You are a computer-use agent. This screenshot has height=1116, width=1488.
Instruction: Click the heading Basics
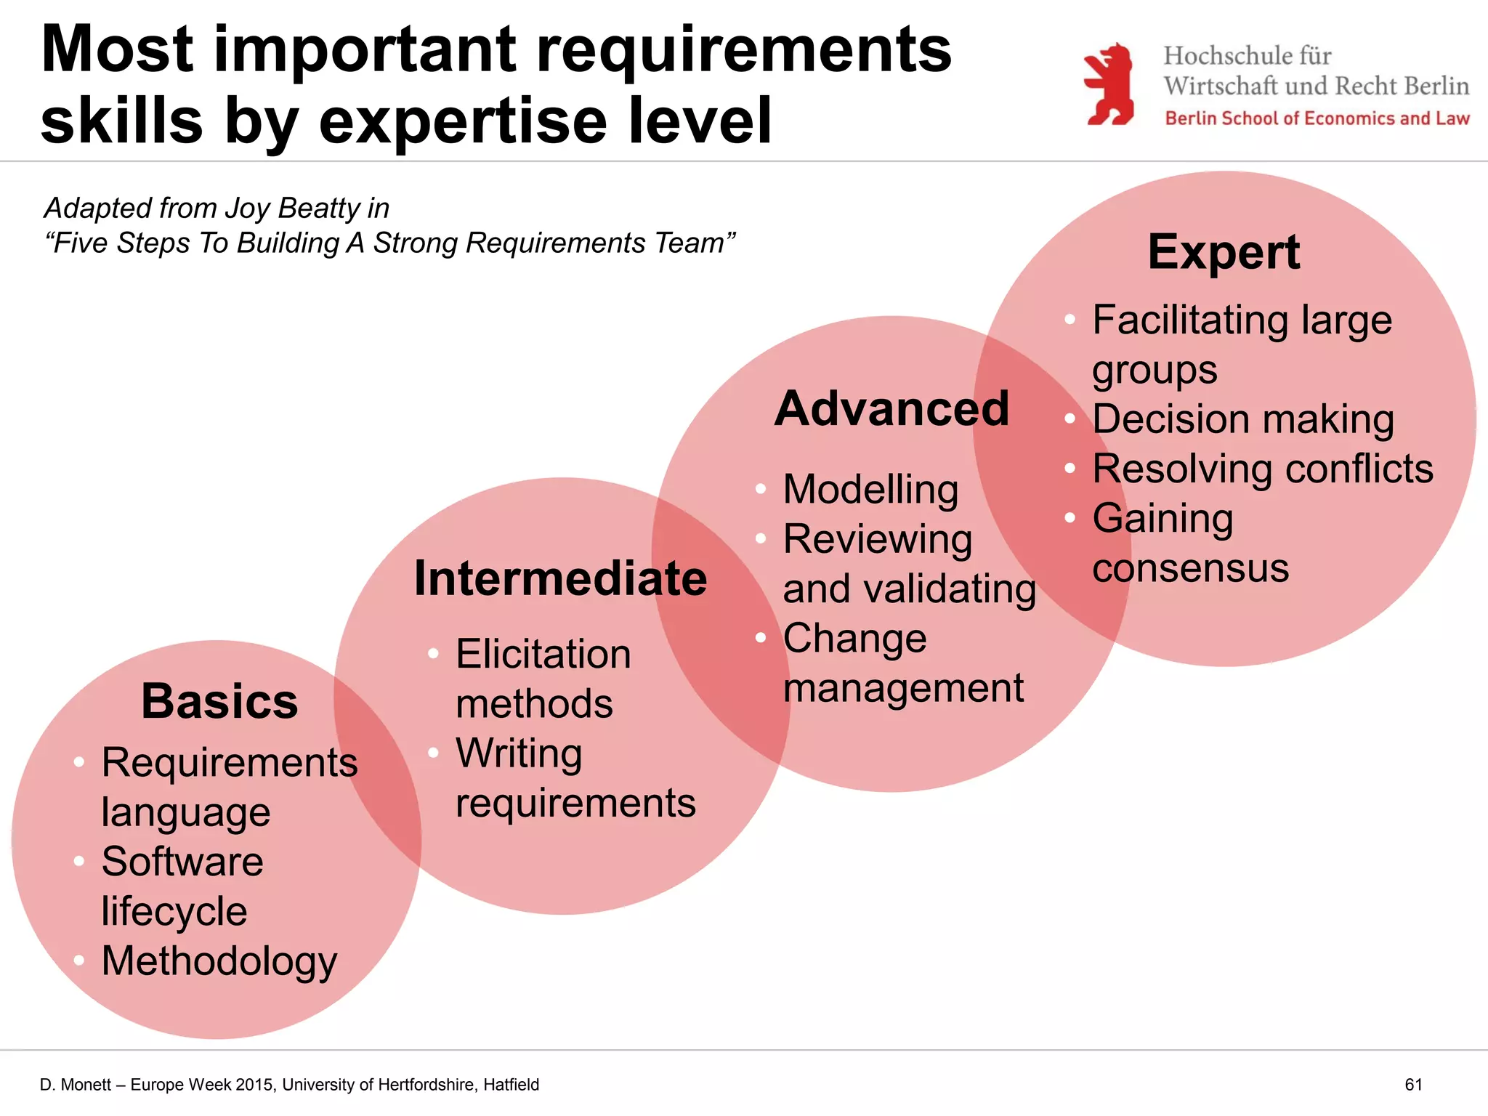pyautogui.click(x=219, y=701)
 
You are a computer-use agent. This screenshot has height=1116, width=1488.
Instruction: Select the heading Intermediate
pyautogui.click(x=560, y=578)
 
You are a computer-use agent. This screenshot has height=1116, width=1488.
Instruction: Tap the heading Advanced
pyautogui.click(x=891, y=408)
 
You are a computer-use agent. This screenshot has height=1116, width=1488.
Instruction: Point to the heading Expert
pyautogui.click(x=1224, y=252)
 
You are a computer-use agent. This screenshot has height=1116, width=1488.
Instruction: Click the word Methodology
pyautogui.click(x=219, y=961)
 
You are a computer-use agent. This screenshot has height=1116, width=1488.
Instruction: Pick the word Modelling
pyautogui.click(x=870, y=489)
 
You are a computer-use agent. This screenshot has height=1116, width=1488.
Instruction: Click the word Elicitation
pyautogui.click(x=543, y=654)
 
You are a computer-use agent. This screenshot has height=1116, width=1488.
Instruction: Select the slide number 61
pyautogui.click(x=1413, y=1085)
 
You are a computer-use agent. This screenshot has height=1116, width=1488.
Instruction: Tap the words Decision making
pyautogui.click(x=1243, y=419)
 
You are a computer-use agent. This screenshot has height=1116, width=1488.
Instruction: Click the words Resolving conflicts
pyautogui.click(x=1263, y=469)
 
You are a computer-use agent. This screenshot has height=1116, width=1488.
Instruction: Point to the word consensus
pyautogui.click(x=1190, y=567)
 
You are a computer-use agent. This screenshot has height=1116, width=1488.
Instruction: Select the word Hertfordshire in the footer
pyautogui.click(x=415, y=1085)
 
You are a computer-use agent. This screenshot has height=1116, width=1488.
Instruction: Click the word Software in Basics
pyautogui.click(x=182, y=862)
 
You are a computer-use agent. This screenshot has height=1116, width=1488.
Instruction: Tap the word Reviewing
pyautogui.click(x=877, y=539)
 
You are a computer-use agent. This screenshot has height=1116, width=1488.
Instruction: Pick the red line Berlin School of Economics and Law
pyautogui.click(x=1317, y=118)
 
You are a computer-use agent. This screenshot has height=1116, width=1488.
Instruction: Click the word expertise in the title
pyautogui.click(x=462, y=121)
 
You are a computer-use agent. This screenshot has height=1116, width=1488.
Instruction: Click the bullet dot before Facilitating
pyautogui.click(x=1069, y=320)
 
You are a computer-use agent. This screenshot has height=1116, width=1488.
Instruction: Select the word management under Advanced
pyautogui.click(x=903, y=688)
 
